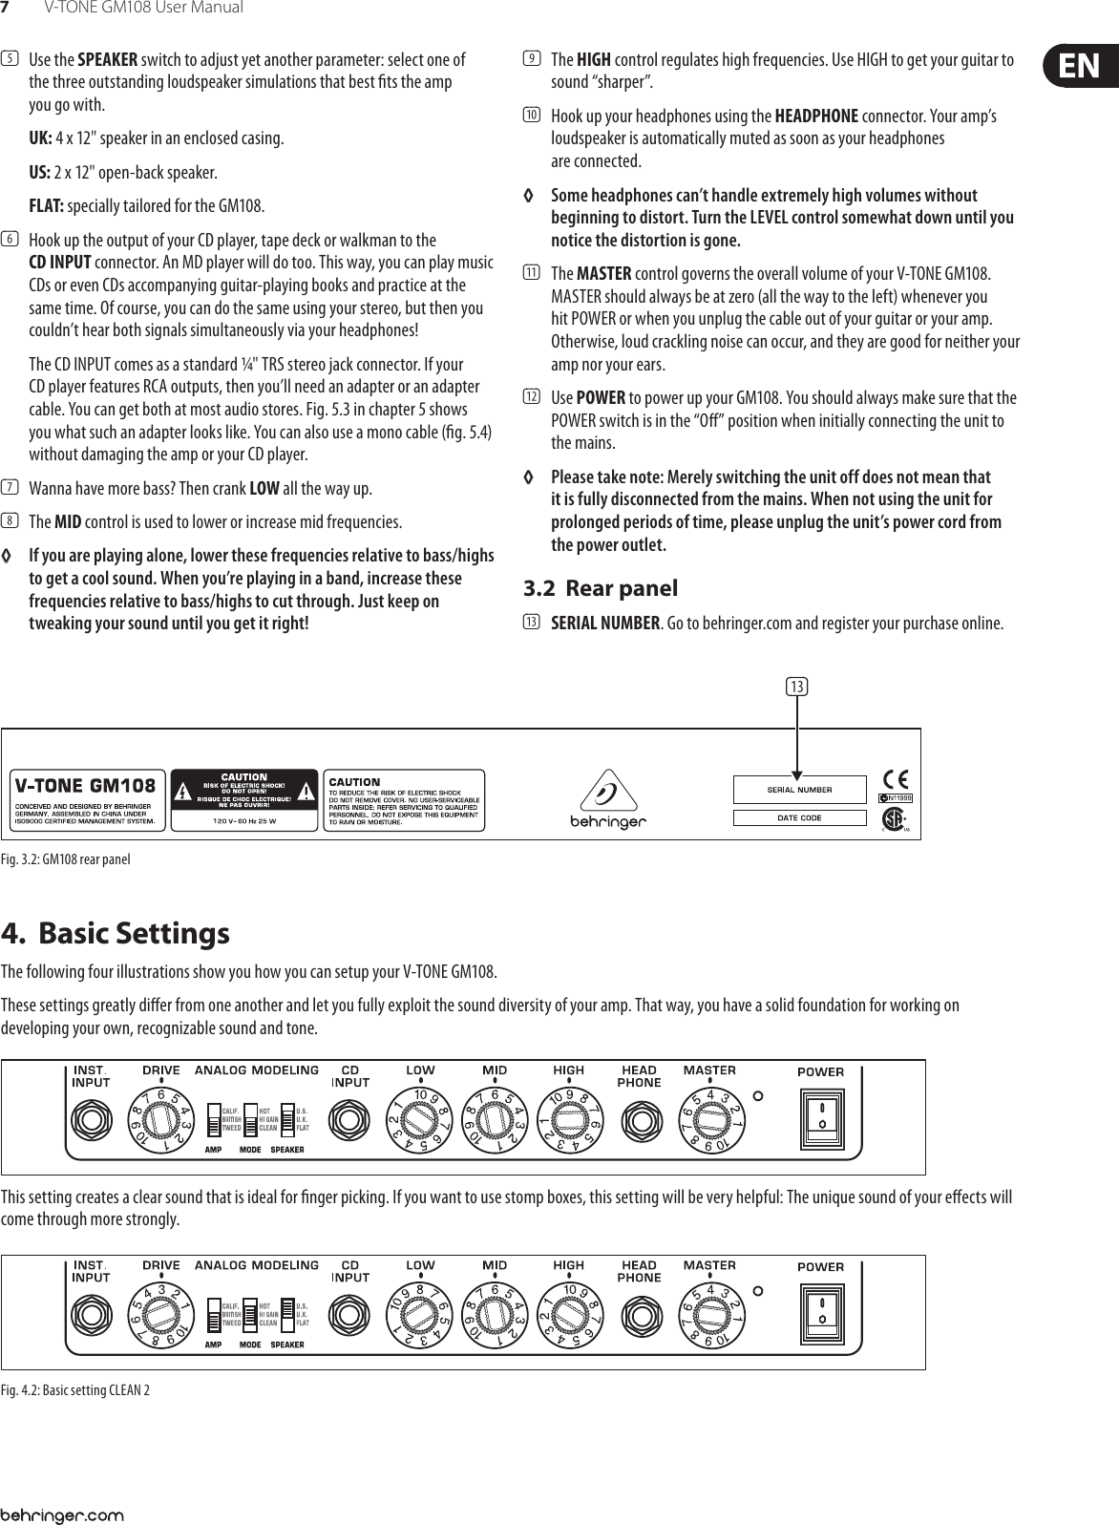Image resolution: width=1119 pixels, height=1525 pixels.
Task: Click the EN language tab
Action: [x=1077, y=66]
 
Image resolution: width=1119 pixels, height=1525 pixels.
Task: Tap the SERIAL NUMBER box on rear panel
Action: [x=799, y=790]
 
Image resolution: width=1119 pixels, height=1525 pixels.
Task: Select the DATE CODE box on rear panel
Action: [x=799, y=817]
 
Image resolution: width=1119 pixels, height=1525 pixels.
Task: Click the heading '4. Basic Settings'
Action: [x=116, y=932]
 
